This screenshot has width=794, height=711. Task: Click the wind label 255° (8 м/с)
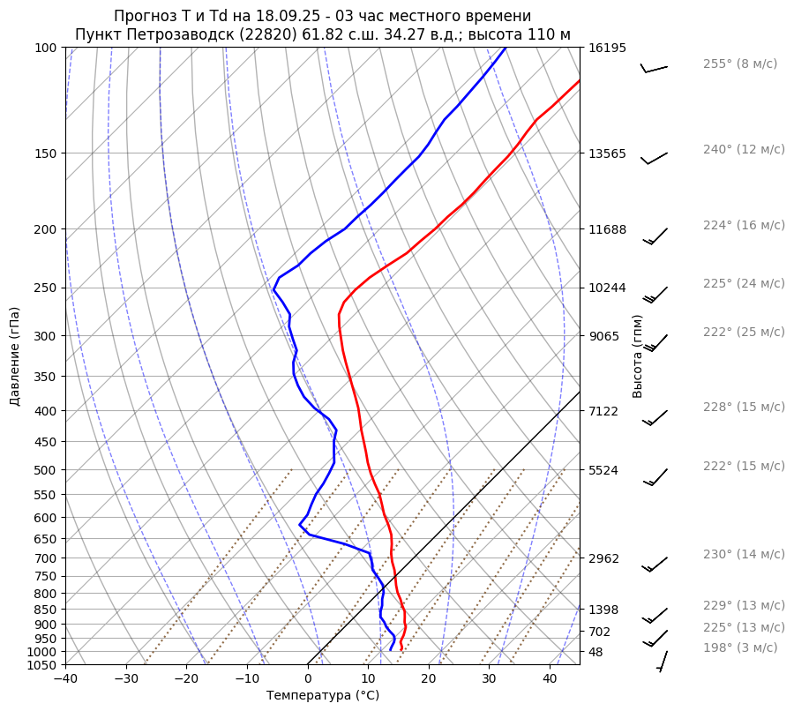coord(739,64)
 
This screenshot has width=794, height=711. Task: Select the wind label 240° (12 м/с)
coord(743,149)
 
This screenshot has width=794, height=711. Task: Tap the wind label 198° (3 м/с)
coord(739,647)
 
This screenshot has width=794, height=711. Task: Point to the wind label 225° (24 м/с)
coord(743,283)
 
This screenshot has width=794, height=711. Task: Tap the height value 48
coord(595,652)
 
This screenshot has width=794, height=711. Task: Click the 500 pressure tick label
coord(47,470)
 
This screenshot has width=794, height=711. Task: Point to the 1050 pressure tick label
coord(43,665)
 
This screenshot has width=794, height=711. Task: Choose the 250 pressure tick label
coord(47,288)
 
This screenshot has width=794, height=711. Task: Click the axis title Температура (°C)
coord(322,695)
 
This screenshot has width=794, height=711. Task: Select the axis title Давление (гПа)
coord(15,356)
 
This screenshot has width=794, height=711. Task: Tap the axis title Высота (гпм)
coord(637,355)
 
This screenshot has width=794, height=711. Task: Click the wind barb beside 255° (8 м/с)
coord(654,68)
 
